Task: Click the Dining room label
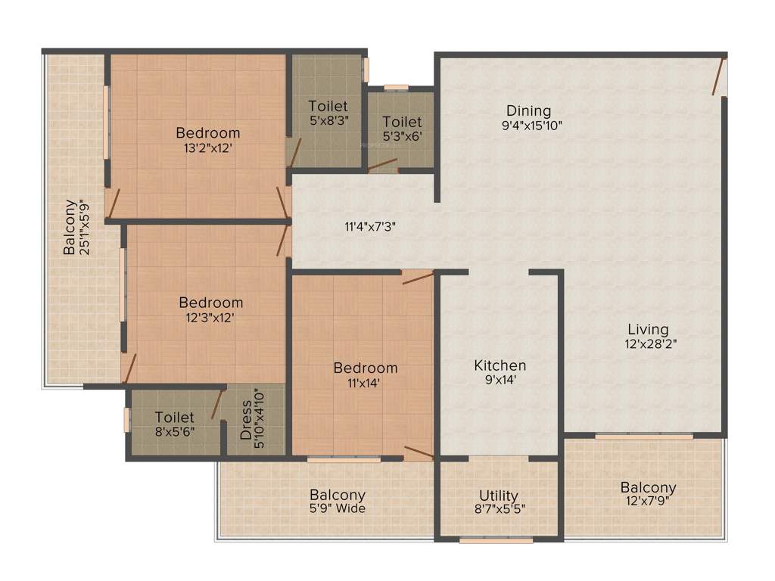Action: coord(529,111)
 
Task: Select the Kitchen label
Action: coord(500,365)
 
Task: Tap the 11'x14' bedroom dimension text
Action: coord(366,384)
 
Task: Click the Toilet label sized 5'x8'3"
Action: coord(328,107)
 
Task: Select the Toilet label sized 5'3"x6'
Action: coord(401,121)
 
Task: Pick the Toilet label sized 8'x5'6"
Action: coord(175,417)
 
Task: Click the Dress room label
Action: coord(245,426)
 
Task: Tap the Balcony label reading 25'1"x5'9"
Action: coord(70,226)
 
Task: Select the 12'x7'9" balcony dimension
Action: coord(648,502)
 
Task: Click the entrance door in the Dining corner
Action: coord(718,77)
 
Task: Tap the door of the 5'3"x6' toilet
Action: coord(382,164)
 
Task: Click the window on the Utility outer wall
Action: coord(496,540)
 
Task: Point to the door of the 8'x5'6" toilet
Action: coord(217,403)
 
